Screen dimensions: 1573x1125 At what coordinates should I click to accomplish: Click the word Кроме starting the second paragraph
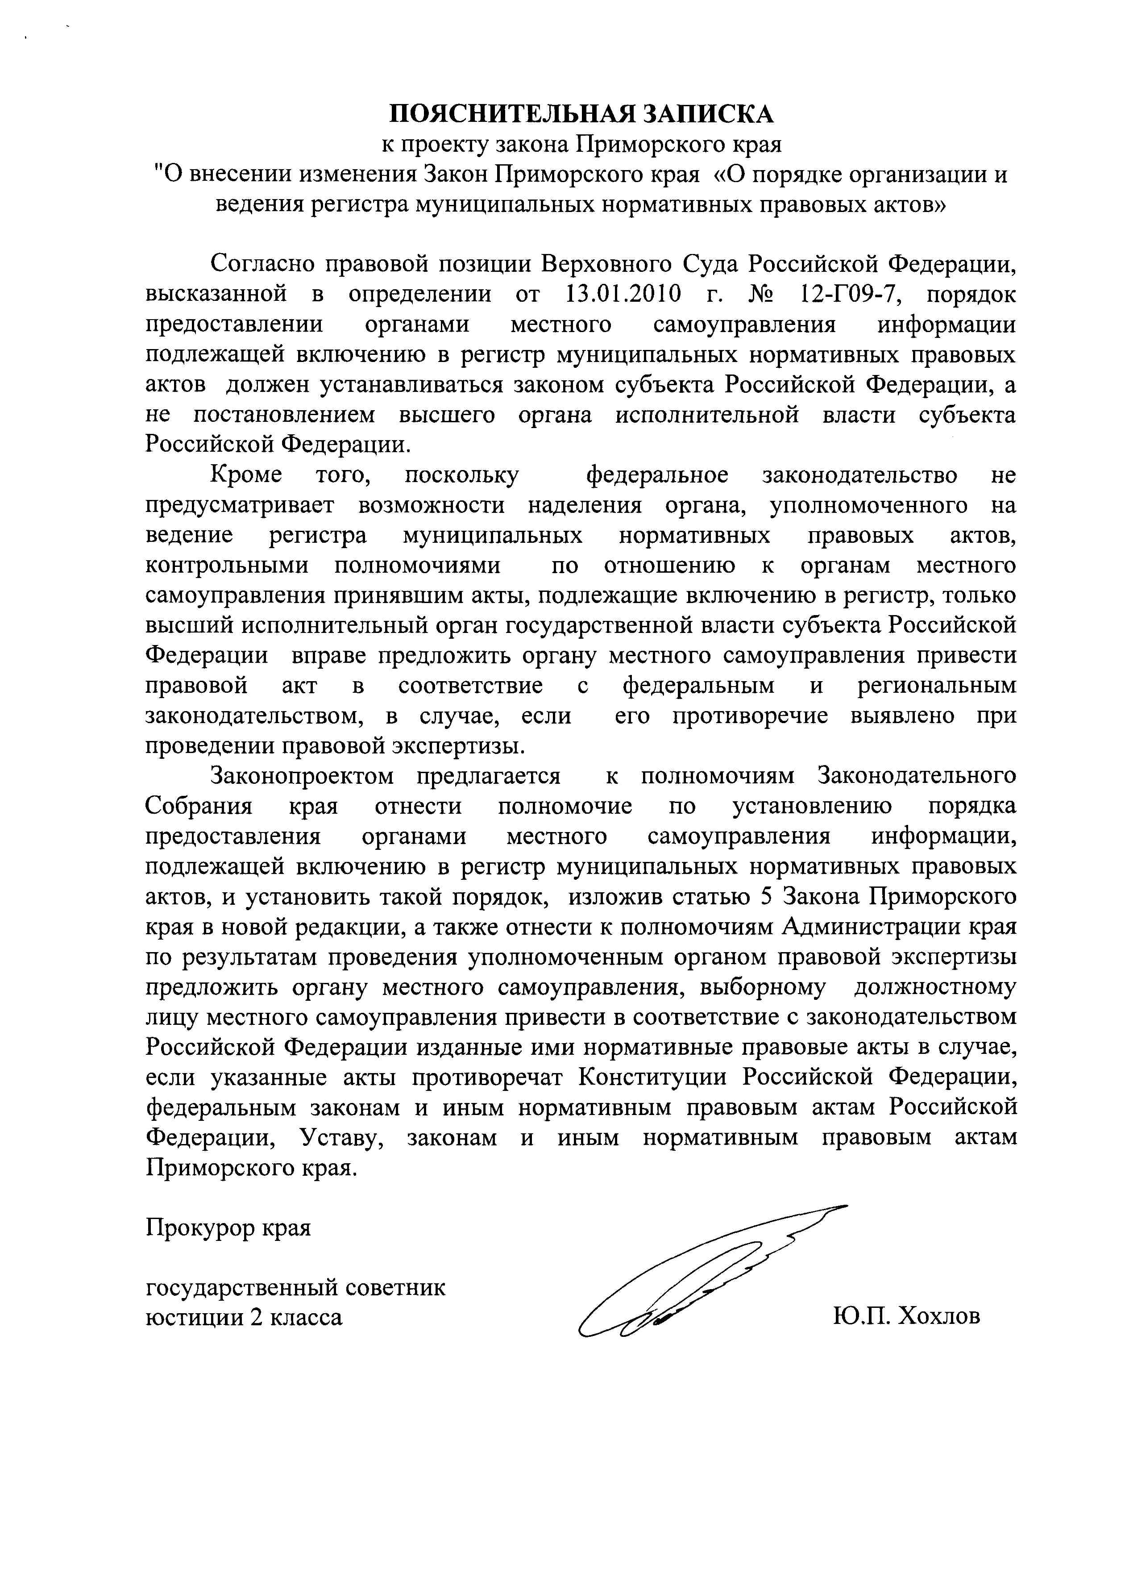(246, 475)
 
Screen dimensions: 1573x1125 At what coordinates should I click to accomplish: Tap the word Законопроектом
(302, 776)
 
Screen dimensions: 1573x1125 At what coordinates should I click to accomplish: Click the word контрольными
(227, 566)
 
